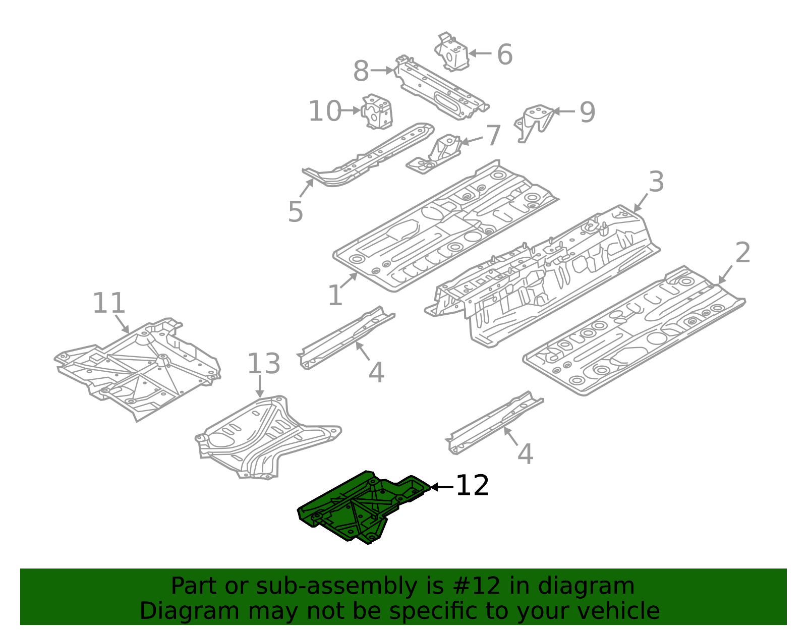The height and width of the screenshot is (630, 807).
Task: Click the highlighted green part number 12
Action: tap(353, 509)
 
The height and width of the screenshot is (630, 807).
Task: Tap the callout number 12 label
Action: tap(472, 486)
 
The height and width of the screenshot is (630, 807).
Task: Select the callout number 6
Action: tap(504, 54)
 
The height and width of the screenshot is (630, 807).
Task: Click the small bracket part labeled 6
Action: tap(452, 53)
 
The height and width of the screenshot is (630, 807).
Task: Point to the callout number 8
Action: tap(361, 71)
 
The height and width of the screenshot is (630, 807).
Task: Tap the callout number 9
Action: tap(587, 112)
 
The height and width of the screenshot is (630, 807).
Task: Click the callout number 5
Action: tap(296, 212)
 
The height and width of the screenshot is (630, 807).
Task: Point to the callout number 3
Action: tap(656, 182)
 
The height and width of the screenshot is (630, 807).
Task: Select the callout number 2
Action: tap(742, 253)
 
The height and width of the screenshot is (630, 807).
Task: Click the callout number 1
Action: tap(335, 296)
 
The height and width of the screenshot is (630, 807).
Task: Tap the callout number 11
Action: tap(108, 304)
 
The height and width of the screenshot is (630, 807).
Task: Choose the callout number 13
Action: tap(263, 364)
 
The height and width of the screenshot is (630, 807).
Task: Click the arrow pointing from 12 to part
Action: tap(442, 487)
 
